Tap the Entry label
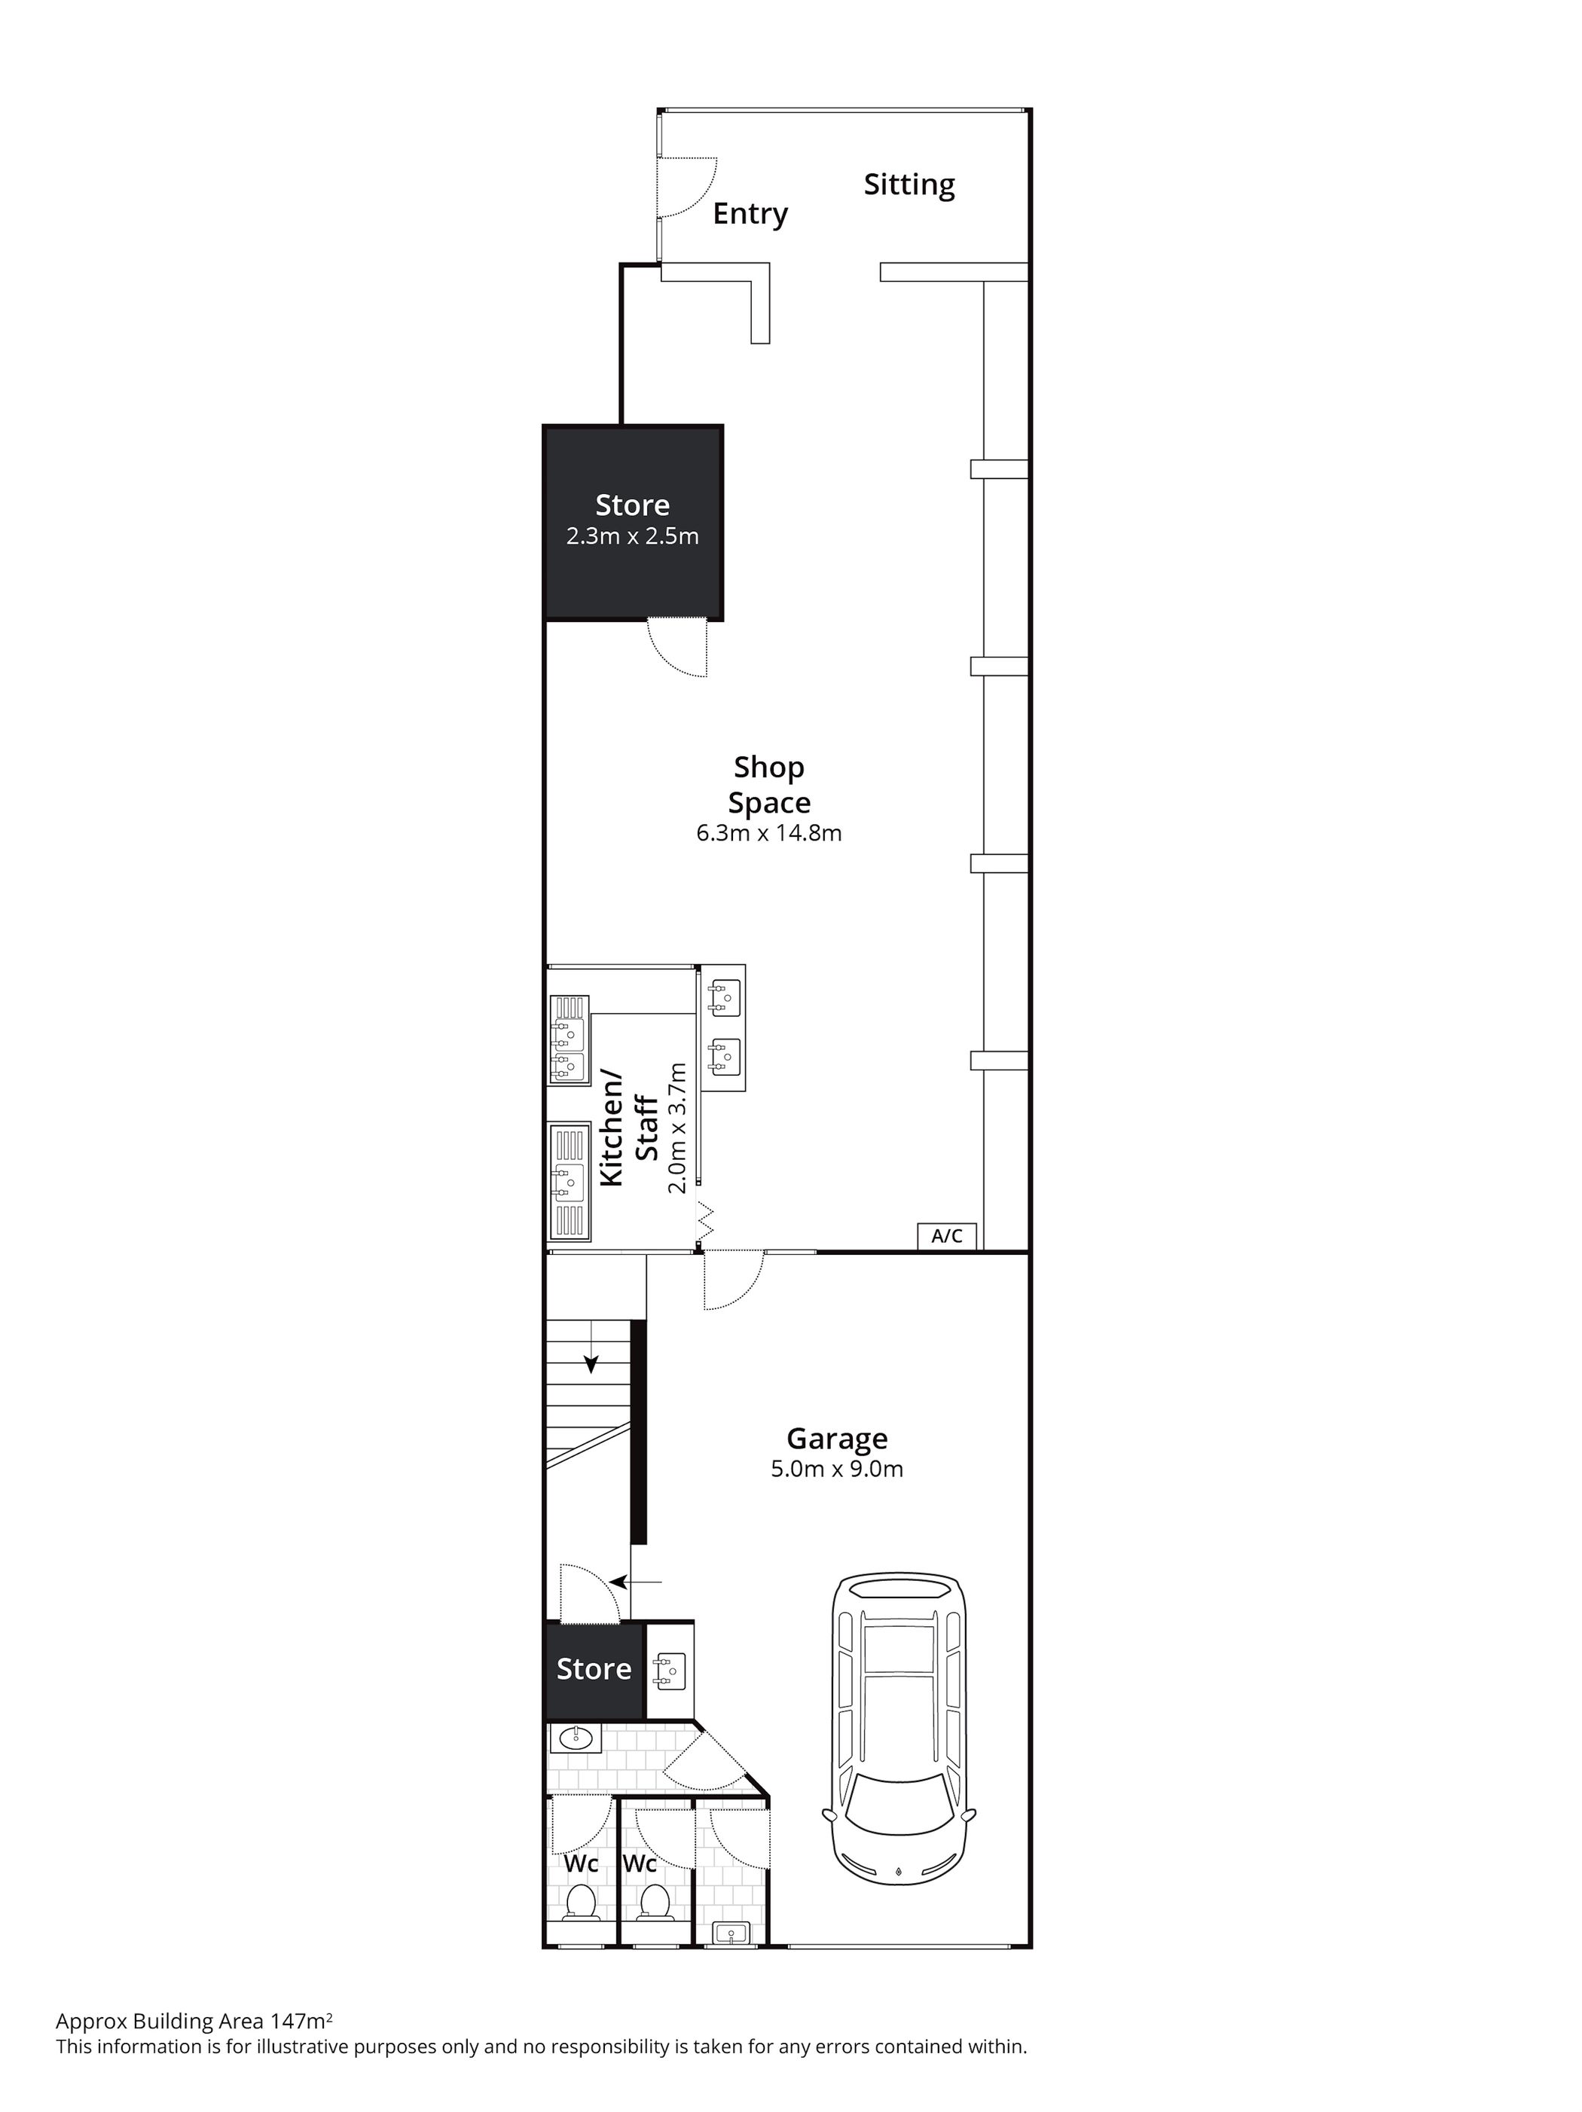(750, 214)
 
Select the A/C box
(947, 1235)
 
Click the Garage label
(836, 1438)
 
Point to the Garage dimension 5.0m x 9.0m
(836, 1469)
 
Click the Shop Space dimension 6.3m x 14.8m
(768, 832)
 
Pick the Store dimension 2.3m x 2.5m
(632, 536)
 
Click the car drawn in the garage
(897, 1728)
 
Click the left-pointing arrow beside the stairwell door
(635, 1581)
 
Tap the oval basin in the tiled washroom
(576, 1738)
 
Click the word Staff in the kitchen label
(646, 1128)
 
